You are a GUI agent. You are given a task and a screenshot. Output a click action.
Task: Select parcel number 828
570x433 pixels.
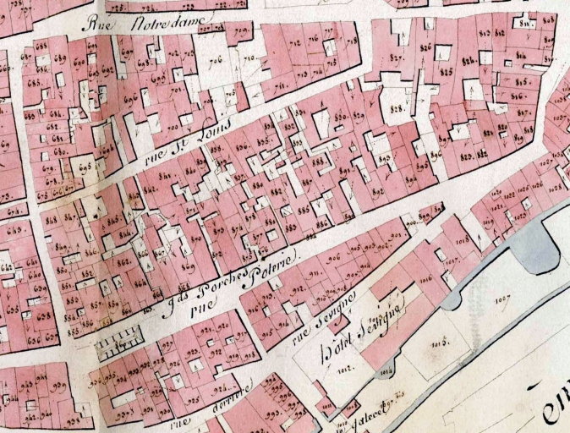(x=396, y=109)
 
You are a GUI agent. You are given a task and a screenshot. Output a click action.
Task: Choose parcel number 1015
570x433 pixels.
(x=439, y=342)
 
